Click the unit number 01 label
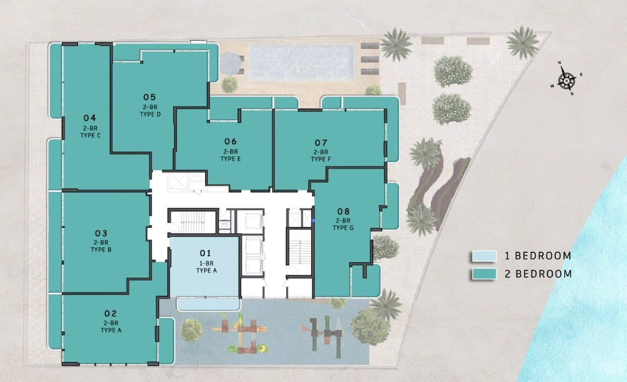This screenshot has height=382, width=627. click(x=205, y=253)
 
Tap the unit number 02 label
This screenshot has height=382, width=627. click(x=110, y=314)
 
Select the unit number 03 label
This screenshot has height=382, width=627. click(x=101, y=233)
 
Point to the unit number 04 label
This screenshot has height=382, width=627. click(x=89, y=118)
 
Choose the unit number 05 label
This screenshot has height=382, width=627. click(x=149, y=97)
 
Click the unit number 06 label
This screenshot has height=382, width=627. click(x=230, y=141)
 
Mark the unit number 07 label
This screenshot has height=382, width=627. click(x=321, y=143)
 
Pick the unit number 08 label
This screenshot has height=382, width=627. click(x=343, y=211)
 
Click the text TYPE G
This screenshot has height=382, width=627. click(x=343, y=228)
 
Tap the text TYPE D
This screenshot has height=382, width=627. click(x=150, y=114)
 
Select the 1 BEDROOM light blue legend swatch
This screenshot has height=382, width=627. click(x=484, y=256)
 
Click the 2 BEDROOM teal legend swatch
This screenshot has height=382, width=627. click(x=484, y=274)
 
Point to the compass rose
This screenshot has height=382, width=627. click(x=567, y=80)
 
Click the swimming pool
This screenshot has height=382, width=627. click(x=302, y=63)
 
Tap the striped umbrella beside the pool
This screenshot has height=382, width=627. click(x=230, y=63)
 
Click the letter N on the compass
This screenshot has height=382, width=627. click(x=559, y=63)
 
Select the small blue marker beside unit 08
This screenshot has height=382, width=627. click(x=313, y=221)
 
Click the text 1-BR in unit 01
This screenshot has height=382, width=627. click(x=206, y=263)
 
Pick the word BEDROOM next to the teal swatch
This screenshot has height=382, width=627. click(x=544, y=274)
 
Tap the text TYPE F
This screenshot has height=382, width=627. click(x=321, y=159)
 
